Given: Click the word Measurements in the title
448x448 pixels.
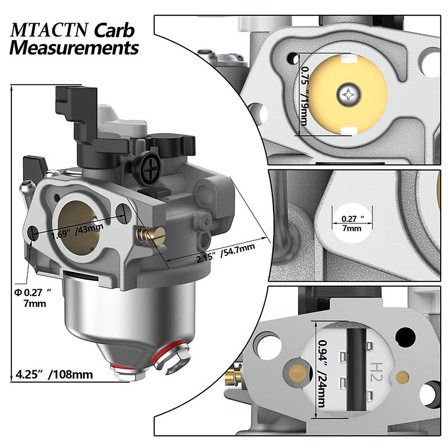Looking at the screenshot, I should [74, 49].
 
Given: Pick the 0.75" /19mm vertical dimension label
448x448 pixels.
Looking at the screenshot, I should [304, 95].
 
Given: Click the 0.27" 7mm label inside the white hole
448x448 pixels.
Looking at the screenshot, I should [352, 224].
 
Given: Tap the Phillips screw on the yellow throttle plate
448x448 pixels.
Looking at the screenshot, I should [349, 94].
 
